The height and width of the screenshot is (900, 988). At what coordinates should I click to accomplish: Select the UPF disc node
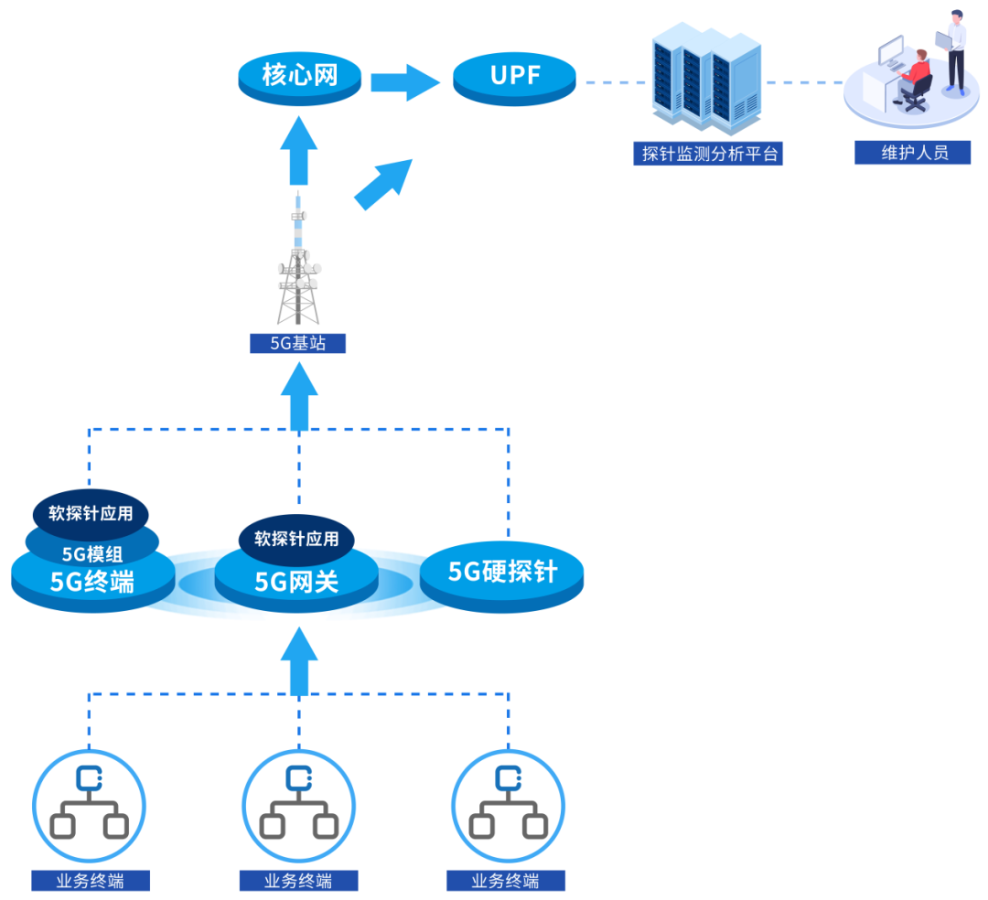coord(515,77)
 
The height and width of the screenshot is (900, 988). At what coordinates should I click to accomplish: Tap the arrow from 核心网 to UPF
coord(405,82)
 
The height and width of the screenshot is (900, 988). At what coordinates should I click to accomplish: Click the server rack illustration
coord(705,80)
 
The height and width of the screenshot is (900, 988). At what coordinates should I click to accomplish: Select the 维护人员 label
coord(913,153)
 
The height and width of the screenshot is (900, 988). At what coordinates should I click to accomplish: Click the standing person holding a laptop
coord(954,50)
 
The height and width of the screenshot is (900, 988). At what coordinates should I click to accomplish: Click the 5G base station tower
coord(298,265)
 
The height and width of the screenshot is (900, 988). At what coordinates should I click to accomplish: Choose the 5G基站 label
coord(298,344)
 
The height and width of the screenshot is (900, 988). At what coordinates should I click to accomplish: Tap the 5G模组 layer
coord(92,552)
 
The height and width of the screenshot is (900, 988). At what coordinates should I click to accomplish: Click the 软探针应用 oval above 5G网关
coord(295,539)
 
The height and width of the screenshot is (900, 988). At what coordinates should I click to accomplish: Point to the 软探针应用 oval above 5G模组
coord(91,513)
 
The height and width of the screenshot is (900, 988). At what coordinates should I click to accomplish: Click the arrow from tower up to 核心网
coord(298,152)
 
